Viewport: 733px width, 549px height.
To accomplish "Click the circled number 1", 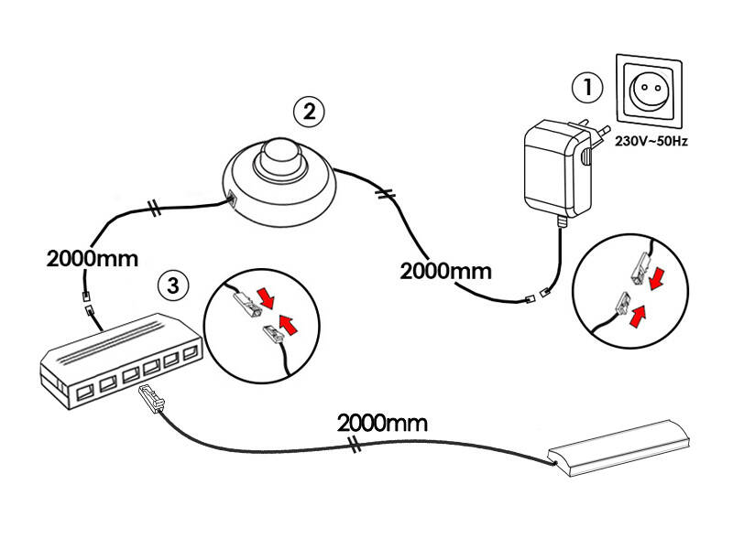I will (x=587, y=89).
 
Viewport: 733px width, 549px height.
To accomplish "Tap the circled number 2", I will (x=309, y=113).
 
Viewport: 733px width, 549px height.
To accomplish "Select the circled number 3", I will (x=173, y=284).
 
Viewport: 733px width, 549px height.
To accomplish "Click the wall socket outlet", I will (x=651, y=93).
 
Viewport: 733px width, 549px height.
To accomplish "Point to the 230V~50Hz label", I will (x=651, y=142).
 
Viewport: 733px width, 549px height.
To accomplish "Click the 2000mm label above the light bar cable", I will (x=382, y=423).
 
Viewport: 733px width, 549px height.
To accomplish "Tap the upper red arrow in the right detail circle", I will (x=657, y=274).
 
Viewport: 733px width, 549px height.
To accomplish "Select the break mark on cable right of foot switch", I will (x=387, y=194).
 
